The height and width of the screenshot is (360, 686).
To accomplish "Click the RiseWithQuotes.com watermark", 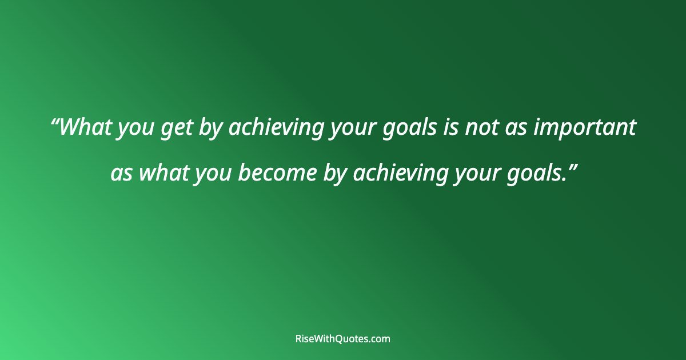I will [x=343, y=339].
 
